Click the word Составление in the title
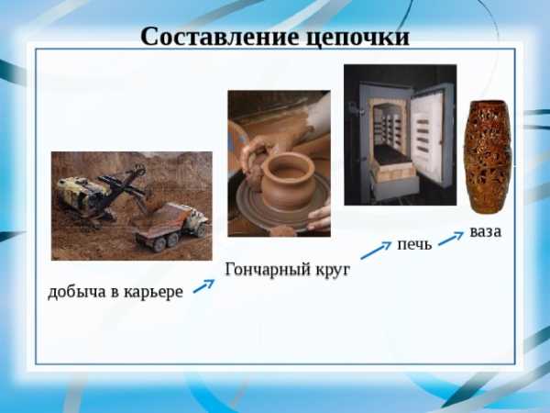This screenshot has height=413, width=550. tap(220, 37)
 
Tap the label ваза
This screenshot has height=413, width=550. tap(486, 232)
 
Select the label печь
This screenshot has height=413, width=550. tap(414, 244)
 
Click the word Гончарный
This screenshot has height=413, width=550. tap(269, 270)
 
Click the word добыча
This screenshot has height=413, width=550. tap(77, 291)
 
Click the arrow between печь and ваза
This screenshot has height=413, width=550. tap(451, 238)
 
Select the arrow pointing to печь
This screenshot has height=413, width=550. tap(376, 250)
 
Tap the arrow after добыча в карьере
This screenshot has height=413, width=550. tap(203, 285)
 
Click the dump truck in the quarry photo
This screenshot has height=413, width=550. tap(172, 227)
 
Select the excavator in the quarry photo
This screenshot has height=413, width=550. tap(102, 194)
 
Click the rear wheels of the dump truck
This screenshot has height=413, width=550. tap(166, 242)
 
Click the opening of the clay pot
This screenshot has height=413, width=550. tap(288, 166)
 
